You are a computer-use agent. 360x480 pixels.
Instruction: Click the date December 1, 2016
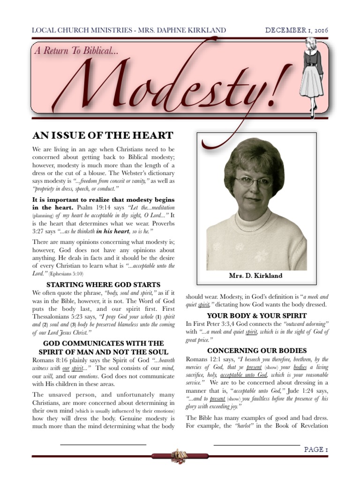297,30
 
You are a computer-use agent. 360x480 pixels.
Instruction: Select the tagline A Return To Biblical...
75,51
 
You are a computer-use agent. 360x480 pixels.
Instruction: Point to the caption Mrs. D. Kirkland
256,276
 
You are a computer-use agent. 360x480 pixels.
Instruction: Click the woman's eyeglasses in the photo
253,181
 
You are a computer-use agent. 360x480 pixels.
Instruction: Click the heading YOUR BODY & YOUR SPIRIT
257,315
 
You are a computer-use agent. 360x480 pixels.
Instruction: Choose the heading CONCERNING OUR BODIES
257,351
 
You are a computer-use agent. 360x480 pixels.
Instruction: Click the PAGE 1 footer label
316,450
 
